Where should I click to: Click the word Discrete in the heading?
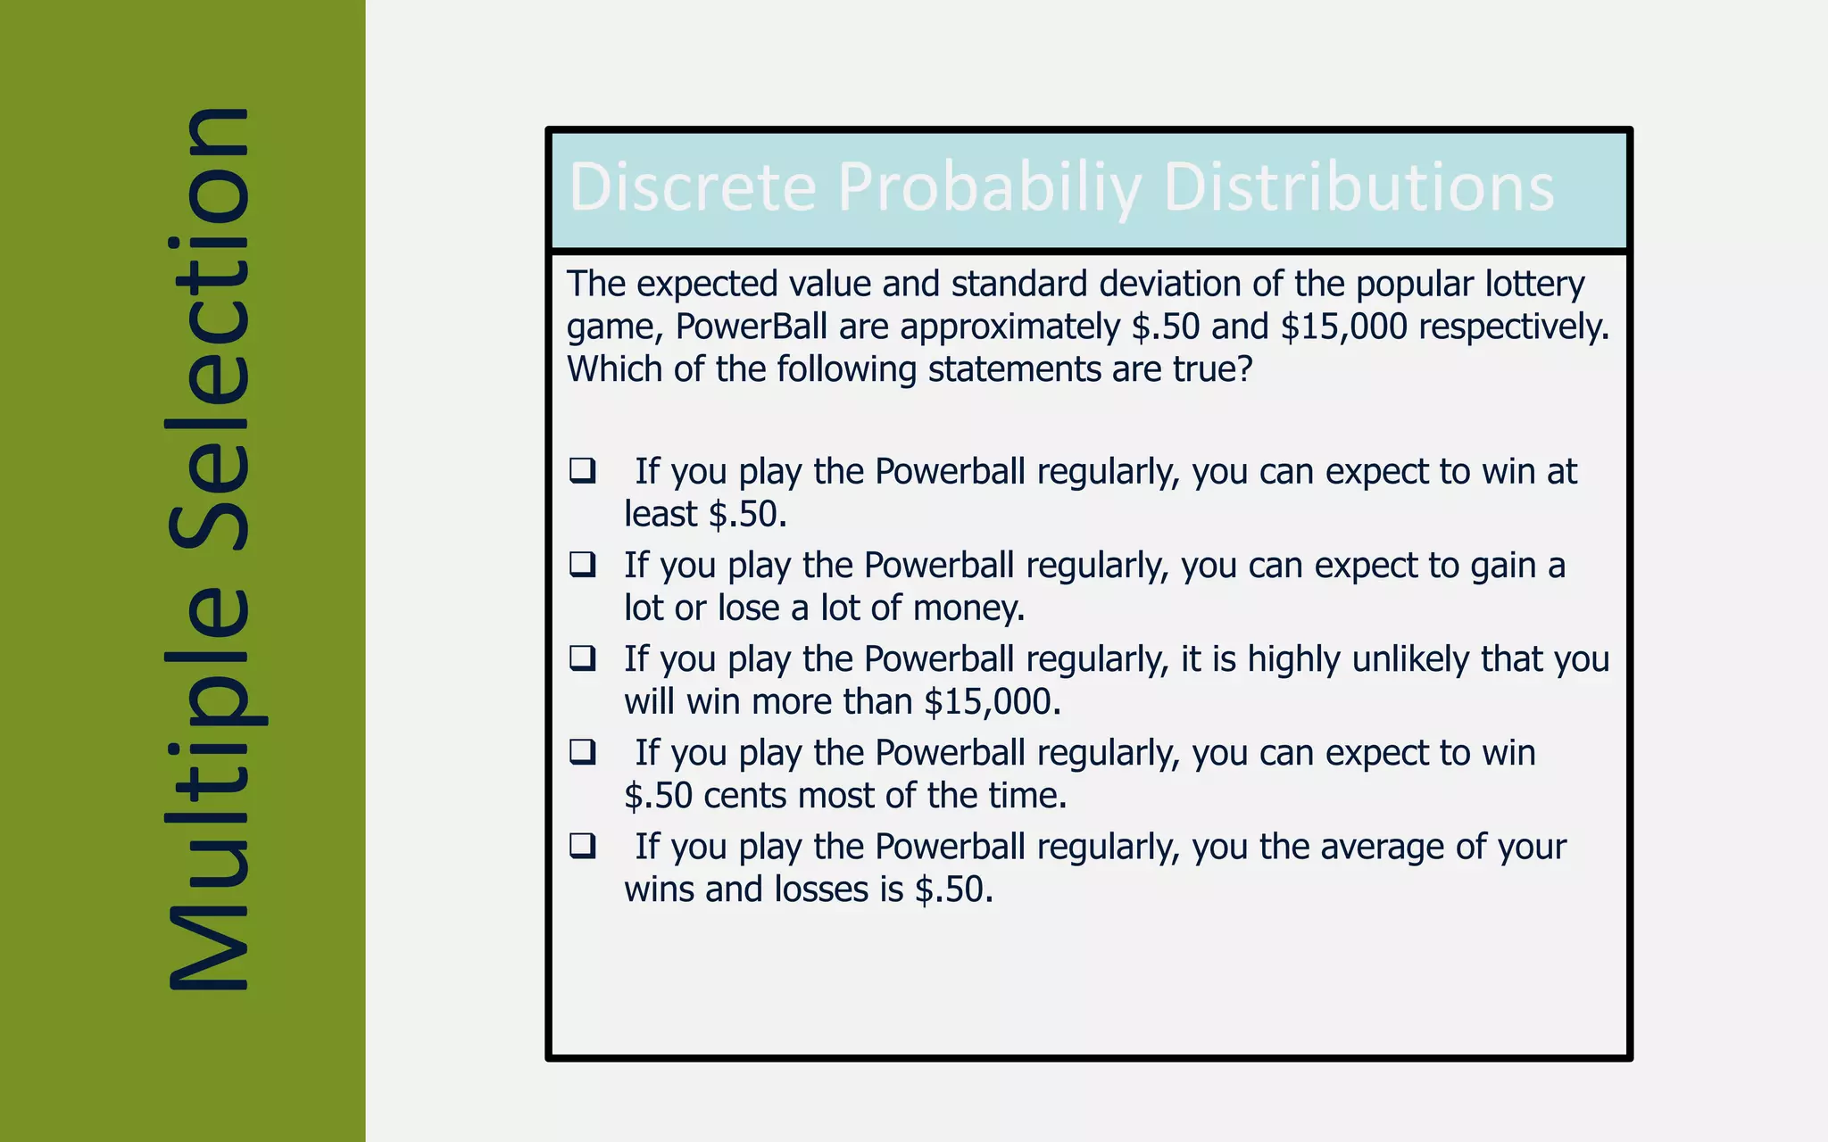click(693, 187)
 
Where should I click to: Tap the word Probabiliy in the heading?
click(989, 189)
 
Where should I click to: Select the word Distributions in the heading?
click(1359, 187)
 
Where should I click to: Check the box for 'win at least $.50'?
click(583, 470)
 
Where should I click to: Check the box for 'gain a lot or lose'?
click(583, 564)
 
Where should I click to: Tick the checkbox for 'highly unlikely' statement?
click(583, 658)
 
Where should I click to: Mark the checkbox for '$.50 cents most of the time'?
click(583, 751)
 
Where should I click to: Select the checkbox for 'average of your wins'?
click(583, 845)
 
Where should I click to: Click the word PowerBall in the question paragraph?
click(751, 327)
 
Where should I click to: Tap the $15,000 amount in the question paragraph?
click(1343, 327)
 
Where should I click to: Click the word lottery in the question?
click(1534, 284)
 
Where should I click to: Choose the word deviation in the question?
click(1169, 284)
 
